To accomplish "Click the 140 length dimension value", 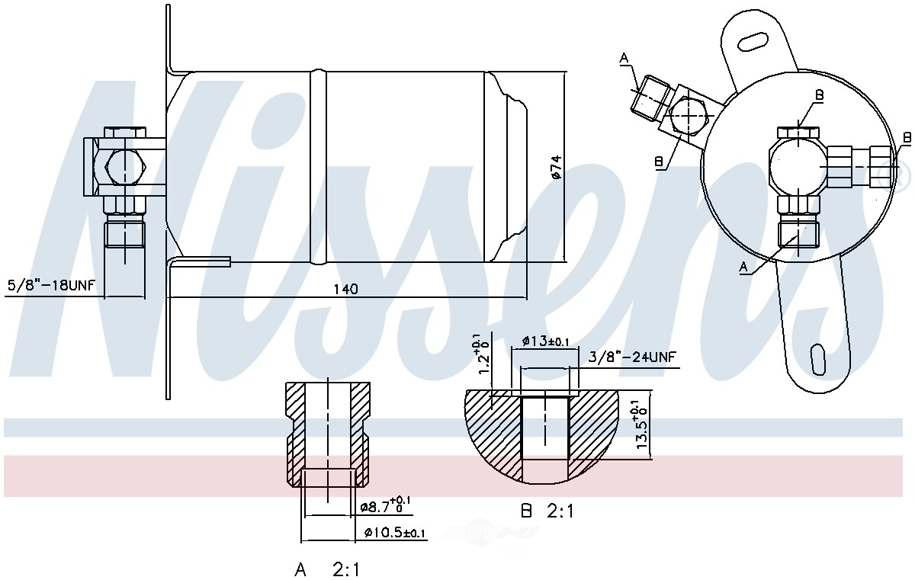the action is click(345, 289).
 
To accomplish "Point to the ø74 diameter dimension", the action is click(557, 167).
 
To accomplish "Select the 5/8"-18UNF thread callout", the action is click(52, 284).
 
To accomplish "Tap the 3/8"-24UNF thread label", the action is click(632, 357).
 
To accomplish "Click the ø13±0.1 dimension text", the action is click(546, 341).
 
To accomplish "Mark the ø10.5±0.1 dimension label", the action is click(395, 533).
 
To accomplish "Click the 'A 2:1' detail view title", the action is click(327, 569).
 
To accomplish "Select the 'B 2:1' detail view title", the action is click(547, 511).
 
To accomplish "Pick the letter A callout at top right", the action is click(624, 58).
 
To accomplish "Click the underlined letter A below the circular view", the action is click(743, 268).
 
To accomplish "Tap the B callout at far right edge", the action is click(907, 138).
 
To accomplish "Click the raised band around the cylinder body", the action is click(318, 167).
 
